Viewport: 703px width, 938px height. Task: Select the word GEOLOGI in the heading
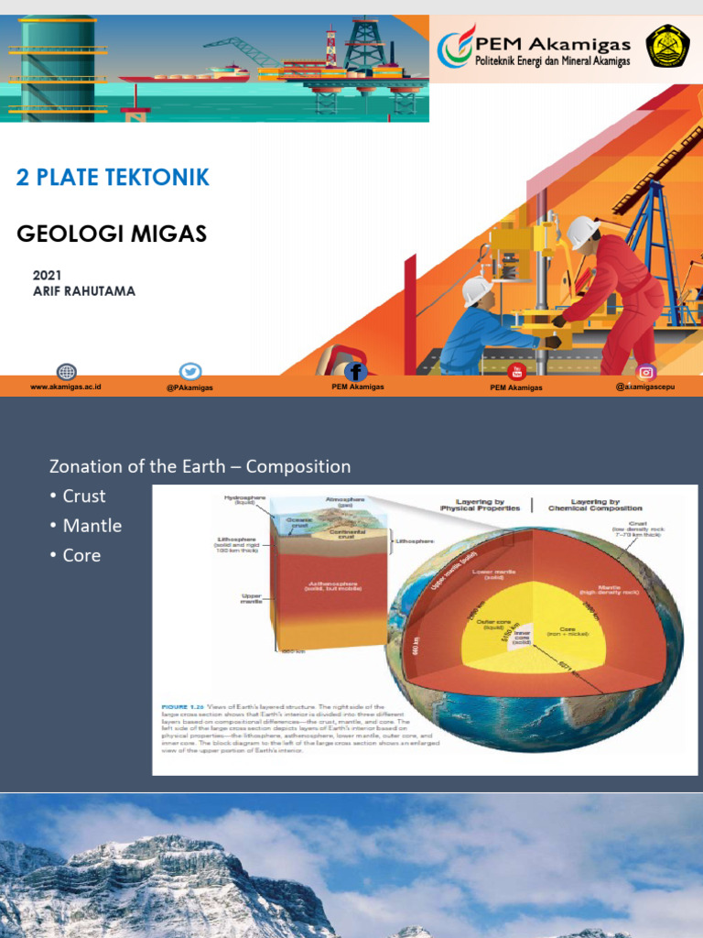click(x=69, y=234)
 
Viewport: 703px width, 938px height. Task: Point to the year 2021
click(x=47, y=275)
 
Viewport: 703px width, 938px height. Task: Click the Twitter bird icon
click(x=190, y=372)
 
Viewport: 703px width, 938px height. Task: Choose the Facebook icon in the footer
click(x=356, y=371)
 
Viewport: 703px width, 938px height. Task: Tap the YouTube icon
click(x=516, y=371)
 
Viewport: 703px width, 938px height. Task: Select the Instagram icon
click(x=647, y=371)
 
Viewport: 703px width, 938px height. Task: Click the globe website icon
click(x=66, y=372)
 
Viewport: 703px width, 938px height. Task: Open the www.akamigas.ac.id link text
click(x=66, y=387)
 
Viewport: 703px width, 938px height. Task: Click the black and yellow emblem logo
click(x=667, y=47)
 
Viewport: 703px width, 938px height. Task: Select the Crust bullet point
click(x=83, y=496)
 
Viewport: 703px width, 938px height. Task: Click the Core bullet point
click(x=81, y=555)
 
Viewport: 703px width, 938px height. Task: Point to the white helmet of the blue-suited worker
click(x=476, y=289)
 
